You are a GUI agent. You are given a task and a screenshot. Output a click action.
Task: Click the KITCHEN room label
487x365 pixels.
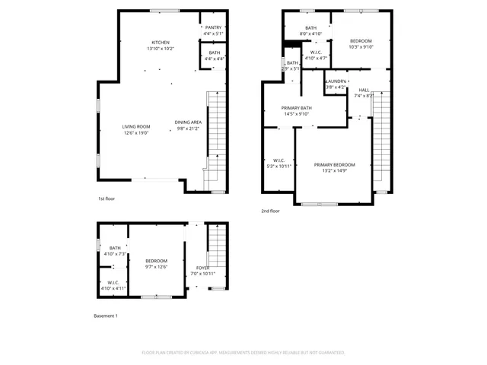[160, 43]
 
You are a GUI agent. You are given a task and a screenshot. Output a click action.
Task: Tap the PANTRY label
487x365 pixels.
[213, 27]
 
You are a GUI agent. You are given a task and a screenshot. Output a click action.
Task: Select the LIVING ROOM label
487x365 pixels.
[136, 126]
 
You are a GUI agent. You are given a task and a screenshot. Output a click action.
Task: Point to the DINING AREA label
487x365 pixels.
[188, 122]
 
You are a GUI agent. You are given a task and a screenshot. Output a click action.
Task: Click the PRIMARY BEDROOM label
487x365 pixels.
[335, 165]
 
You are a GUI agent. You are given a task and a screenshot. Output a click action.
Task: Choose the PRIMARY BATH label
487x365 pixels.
[296, 108]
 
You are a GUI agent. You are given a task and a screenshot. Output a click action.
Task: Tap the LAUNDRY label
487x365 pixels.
[336, 81]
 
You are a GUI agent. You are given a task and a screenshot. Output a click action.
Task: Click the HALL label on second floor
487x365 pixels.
[364, 90]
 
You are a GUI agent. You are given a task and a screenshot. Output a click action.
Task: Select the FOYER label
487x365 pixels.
[203, 268]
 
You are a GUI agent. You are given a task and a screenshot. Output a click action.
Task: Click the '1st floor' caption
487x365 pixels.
[106, 198]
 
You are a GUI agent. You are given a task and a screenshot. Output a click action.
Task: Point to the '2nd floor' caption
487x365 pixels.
[270, 211]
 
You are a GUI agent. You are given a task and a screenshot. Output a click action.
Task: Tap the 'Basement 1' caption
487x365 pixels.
[105, 316]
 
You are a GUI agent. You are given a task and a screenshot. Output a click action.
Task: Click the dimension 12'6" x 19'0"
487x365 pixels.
[136, 133]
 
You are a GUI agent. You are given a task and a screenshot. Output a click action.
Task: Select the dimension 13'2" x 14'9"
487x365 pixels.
[335, 172]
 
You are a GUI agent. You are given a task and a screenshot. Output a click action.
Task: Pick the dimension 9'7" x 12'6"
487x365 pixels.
[156, 267]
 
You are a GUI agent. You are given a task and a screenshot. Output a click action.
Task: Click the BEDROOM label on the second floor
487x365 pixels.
[361, 40]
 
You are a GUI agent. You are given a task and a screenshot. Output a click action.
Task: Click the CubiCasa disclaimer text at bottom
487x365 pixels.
[243, 353]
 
